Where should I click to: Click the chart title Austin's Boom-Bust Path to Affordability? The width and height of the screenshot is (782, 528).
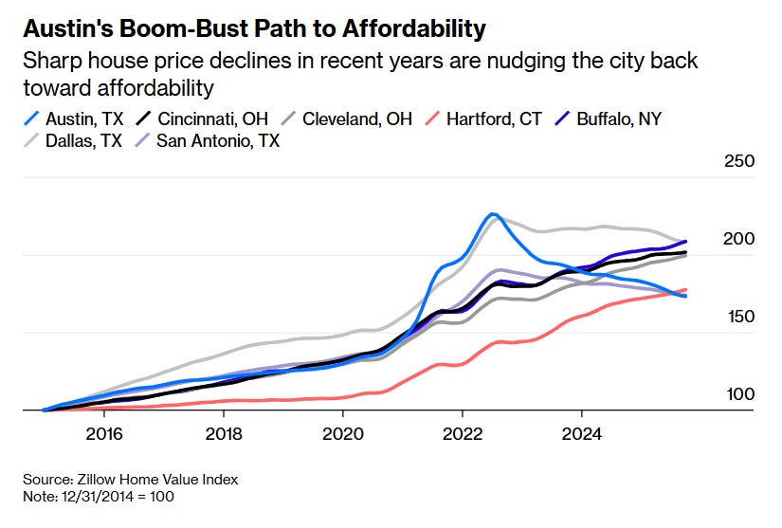[254, 28]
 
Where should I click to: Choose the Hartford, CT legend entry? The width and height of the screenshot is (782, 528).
[484, 119]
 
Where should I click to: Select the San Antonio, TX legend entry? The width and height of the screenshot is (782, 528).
[218, 141]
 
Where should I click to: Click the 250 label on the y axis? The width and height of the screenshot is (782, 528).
[739, 161]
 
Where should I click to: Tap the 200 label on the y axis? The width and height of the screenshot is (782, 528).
[739, 239]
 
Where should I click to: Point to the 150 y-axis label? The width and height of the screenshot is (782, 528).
[739, 317]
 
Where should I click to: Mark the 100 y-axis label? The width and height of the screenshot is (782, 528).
[739, 394]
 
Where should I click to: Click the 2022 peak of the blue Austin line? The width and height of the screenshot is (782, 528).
[492, 214]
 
